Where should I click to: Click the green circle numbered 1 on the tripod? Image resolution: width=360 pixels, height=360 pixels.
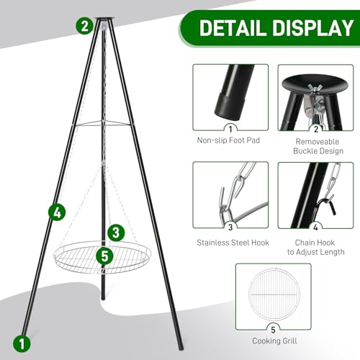[x=22, y=343]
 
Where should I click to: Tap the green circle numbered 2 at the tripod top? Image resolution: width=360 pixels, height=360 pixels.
[x=84, y=26]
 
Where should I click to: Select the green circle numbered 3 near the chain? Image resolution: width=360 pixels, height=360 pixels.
[x=116, y=233]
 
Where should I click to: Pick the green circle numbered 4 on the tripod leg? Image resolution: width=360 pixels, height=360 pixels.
[x=57, y=212]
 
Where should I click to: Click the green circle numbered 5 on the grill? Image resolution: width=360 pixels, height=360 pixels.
[x=104, y=256]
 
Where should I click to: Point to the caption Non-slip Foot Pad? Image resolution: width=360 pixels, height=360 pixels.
[x=228, y=140]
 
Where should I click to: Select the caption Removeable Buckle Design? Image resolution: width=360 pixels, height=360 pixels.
[x=318, y=146]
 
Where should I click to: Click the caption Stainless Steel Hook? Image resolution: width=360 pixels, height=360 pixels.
[x=233, y=243]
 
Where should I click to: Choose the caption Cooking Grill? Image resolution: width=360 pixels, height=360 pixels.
[x=274, y=341]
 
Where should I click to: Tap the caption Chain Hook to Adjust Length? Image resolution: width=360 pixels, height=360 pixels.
[x=315, y=247]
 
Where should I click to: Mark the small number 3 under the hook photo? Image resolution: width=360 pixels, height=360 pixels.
[x=230, y=227]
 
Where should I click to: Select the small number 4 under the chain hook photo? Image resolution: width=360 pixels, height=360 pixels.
[x=316, y=227]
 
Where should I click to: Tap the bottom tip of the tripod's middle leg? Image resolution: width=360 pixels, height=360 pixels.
[x=103, y=299]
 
